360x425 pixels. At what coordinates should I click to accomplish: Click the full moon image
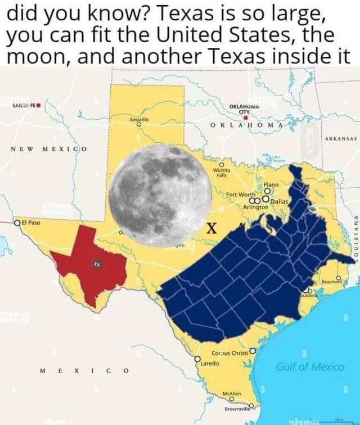coord(160,195)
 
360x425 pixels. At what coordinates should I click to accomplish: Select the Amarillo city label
coord(138,119)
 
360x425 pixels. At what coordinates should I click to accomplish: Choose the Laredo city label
coord(212,364)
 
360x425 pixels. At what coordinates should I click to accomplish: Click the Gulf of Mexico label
coord(309,367)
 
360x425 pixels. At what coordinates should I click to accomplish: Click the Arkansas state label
coord(340,138)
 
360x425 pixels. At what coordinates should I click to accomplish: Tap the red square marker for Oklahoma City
coord(246,117)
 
